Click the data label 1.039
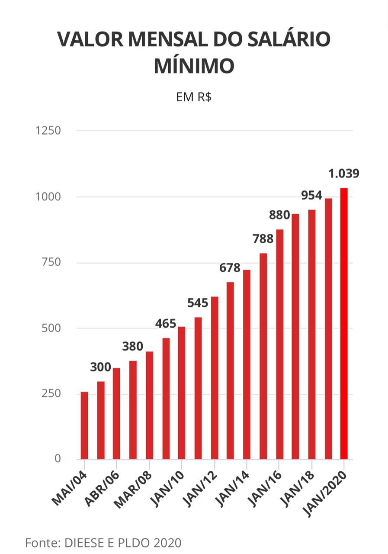(344, 174)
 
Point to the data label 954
(312, 196)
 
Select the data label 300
(101, 367)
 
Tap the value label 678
(230, 268)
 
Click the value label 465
(166, 324)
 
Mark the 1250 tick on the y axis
(48, 131)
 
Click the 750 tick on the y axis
(51, 262)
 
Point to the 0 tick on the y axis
(58, 459)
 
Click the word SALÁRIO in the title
(283, 40)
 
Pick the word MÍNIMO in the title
(194, 66)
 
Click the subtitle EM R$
(194, 97)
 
